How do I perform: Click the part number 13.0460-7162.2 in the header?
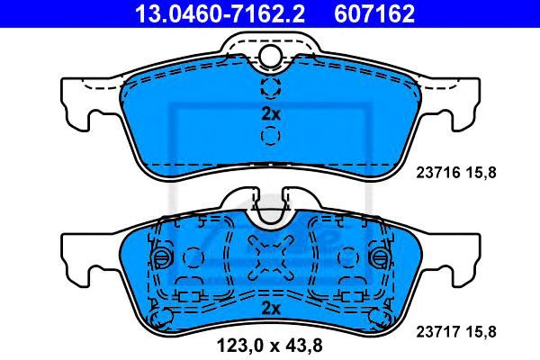[220, 13]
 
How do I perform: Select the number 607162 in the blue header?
[374, 13]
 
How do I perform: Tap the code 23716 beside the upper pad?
[438, 172]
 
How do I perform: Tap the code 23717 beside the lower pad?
[438, 332]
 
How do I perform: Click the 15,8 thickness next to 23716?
[481, 173]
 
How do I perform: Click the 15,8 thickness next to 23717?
[481, 332]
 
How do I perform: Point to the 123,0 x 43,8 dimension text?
[270, 346]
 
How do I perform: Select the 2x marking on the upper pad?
[271, 114]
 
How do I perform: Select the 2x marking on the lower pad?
[271, 309]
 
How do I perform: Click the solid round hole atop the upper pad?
[271, 56]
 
